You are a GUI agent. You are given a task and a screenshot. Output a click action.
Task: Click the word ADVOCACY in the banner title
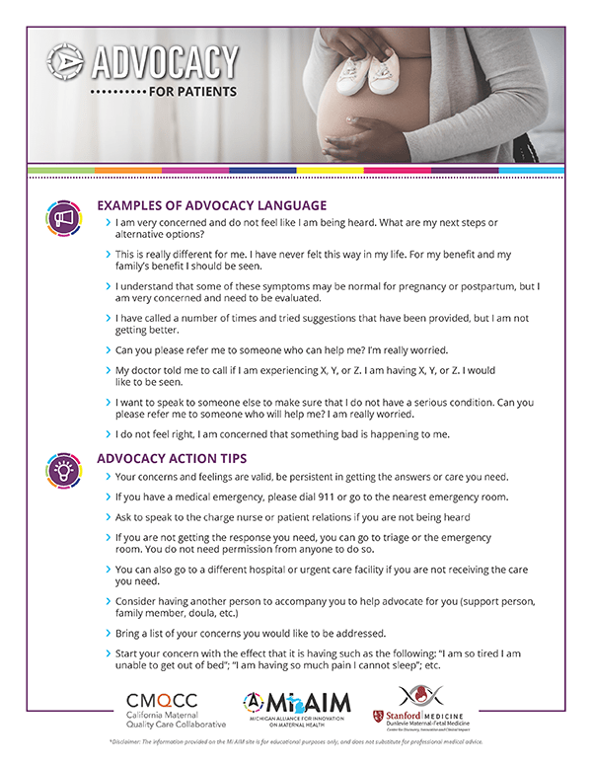[x=165, y=65]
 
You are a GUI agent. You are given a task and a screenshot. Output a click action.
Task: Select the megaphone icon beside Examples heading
[x=63, y=218]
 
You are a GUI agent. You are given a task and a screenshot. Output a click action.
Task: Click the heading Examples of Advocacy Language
[x=211, y=205]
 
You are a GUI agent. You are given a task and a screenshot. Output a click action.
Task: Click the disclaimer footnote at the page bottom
[x=296, y=740]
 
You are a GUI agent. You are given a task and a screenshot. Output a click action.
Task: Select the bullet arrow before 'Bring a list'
[x=107, y=632]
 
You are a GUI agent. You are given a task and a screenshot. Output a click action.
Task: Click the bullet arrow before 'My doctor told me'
[x=107, y=370]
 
